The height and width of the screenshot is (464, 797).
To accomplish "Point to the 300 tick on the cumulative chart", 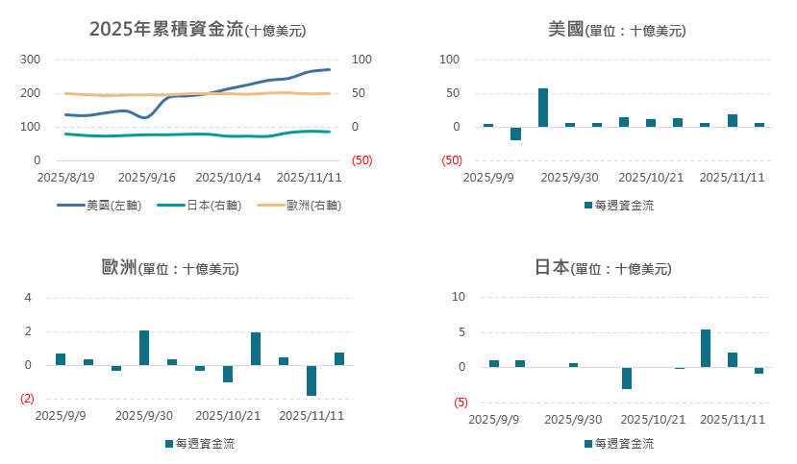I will pos(30,60).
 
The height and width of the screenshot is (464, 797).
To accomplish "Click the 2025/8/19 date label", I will pos(65,178).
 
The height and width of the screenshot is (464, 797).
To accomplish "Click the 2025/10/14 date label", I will pos(228,178).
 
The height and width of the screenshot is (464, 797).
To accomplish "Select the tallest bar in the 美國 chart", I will pos(543,108).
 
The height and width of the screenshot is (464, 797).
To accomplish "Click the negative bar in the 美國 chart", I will pos(515,134).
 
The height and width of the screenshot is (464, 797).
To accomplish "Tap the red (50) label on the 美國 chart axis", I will pos(452,160).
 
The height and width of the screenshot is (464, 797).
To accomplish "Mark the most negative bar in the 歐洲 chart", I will pos(311,380).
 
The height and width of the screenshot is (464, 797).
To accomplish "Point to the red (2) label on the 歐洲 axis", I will pos(27,399).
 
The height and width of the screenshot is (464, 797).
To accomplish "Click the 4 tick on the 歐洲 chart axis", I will pos(29,298).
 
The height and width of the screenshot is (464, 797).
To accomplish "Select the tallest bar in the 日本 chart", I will pos(706,348).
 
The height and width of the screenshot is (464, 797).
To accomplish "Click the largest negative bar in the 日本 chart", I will pos(627,378).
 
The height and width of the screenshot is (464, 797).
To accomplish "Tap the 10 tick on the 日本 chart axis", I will pos(459,298).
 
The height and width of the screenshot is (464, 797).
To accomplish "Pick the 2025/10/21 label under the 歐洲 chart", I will pos(228,416).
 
